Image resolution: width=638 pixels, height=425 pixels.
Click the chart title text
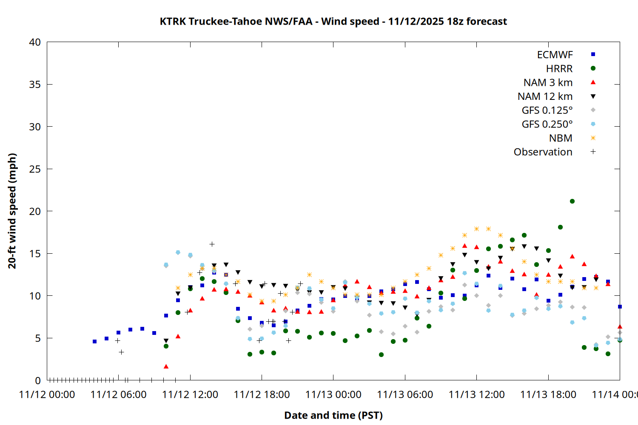[x=333, y=21]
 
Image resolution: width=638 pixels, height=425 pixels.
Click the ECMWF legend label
[x=555, y=55]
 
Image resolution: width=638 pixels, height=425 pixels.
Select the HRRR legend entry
[x=559, y=68]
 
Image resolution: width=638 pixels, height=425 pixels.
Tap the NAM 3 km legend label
[x=548, y=82]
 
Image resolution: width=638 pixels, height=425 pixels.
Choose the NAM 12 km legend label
[x=545, y=96]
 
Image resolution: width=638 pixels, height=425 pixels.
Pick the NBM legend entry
[x=561, y=138]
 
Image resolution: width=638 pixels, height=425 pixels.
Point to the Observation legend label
[x=543, y=152]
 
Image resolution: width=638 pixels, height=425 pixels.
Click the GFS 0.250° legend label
[x=547, y=124]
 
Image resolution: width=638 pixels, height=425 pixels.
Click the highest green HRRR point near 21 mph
[x=572, y=201]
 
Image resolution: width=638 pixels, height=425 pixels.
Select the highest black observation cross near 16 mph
[x=212, y=244]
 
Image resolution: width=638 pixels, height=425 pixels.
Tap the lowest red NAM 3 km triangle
[x=166, y=366]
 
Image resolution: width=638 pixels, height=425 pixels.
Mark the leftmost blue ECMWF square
[x=94, y=341]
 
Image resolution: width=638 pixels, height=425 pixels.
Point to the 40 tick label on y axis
[x=35, y=42]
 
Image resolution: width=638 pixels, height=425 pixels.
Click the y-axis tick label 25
[x=35, y=169]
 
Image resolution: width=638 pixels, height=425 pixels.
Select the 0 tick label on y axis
[x=38, y=380]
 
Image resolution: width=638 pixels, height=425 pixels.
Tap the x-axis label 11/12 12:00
[x=190, y=394]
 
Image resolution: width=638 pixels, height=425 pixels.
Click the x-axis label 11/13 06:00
[x=405, y=394]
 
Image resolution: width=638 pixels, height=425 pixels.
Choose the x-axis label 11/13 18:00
[x=548, y=394]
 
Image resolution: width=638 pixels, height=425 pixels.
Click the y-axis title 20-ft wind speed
[x=12, y=211]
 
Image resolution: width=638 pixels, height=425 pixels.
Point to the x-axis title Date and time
[x=333, y=415]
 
